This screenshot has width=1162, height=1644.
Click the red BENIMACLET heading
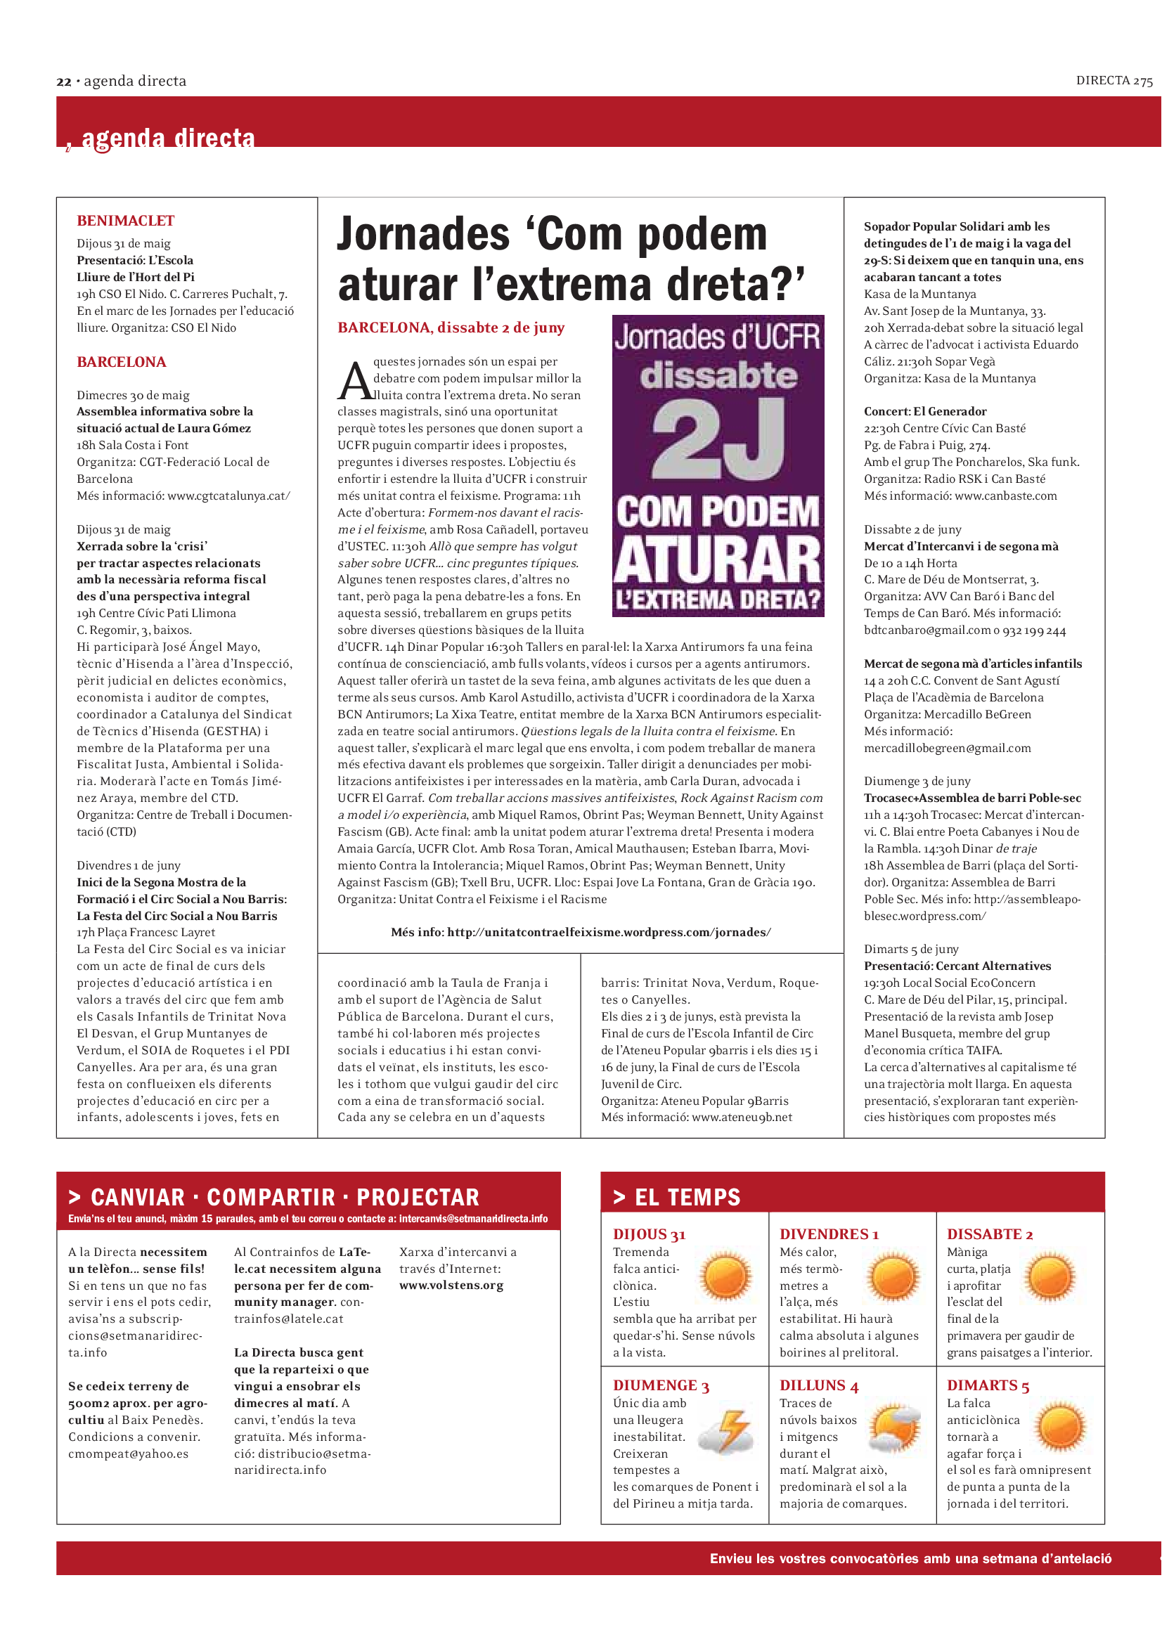click(x=125, y=221)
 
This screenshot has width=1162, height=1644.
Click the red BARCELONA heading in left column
click(x=121, y=361)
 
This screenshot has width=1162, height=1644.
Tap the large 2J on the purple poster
click(x=718, y=438)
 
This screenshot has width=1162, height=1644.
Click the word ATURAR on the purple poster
click(x=718, y=560)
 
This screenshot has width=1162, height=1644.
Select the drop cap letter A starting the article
click(x=354, y=381)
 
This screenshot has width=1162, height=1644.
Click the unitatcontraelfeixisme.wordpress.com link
click(x=609, y=932)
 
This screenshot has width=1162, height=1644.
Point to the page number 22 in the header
click(x=64, y=82)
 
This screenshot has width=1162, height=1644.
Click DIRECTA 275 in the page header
click(x=1114, y=81)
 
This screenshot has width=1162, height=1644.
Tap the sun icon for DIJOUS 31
click(x=726, y=1276)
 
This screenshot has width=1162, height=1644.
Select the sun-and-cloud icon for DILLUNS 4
click(x=894, y=1426)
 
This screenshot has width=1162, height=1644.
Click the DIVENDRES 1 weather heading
click(x=828, y=1234)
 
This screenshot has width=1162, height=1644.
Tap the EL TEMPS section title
click(x=687, y=1197)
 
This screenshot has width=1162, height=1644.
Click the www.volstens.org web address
click(x=451, y=1286)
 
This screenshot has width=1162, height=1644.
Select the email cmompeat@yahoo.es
click(x=128, y=1454)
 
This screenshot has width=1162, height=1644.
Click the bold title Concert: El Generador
click(x=925, y=411)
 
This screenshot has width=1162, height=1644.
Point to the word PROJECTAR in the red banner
click(x=418, y=1197)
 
